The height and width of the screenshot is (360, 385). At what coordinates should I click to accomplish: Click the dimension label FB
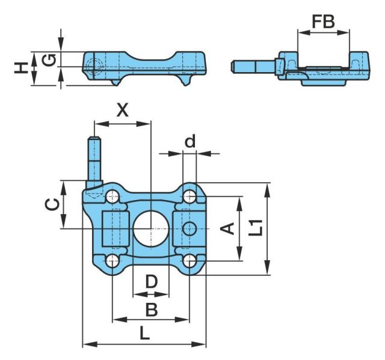click(x=322, y=23)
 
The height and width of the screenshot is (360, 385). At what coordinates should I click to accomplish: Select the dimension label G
click(x=51, y=60)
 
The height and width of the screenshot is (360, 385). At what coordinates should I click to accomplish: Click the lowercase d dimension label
click(x=190, y=142)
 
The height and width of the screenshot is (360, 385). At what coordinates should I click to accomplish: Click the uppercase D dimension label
click(x=151, y=281)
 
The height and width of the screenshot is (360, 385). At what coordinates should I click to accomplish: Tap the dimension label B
click(x=152, y=309)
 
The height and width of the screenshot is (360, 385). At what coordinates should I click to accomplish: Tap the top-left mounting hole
click(x=112, y=196)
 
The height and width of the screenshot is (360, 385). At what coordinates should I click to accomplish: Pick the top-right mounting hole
click(x=190, y=196)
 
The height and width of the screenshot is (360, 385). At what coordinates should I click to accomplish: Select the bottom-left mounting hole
click(x=112, y=261)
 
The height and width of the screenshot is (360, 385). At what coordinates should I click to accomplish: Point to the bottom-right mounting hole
click(x=190, y=261)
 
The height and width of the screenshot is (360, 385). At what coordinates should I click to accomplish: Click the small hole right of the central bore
click(x=190, y=228)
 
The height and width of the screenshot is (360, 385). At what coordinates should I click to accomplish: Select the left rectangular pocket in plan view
click(x=114, y=228)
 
